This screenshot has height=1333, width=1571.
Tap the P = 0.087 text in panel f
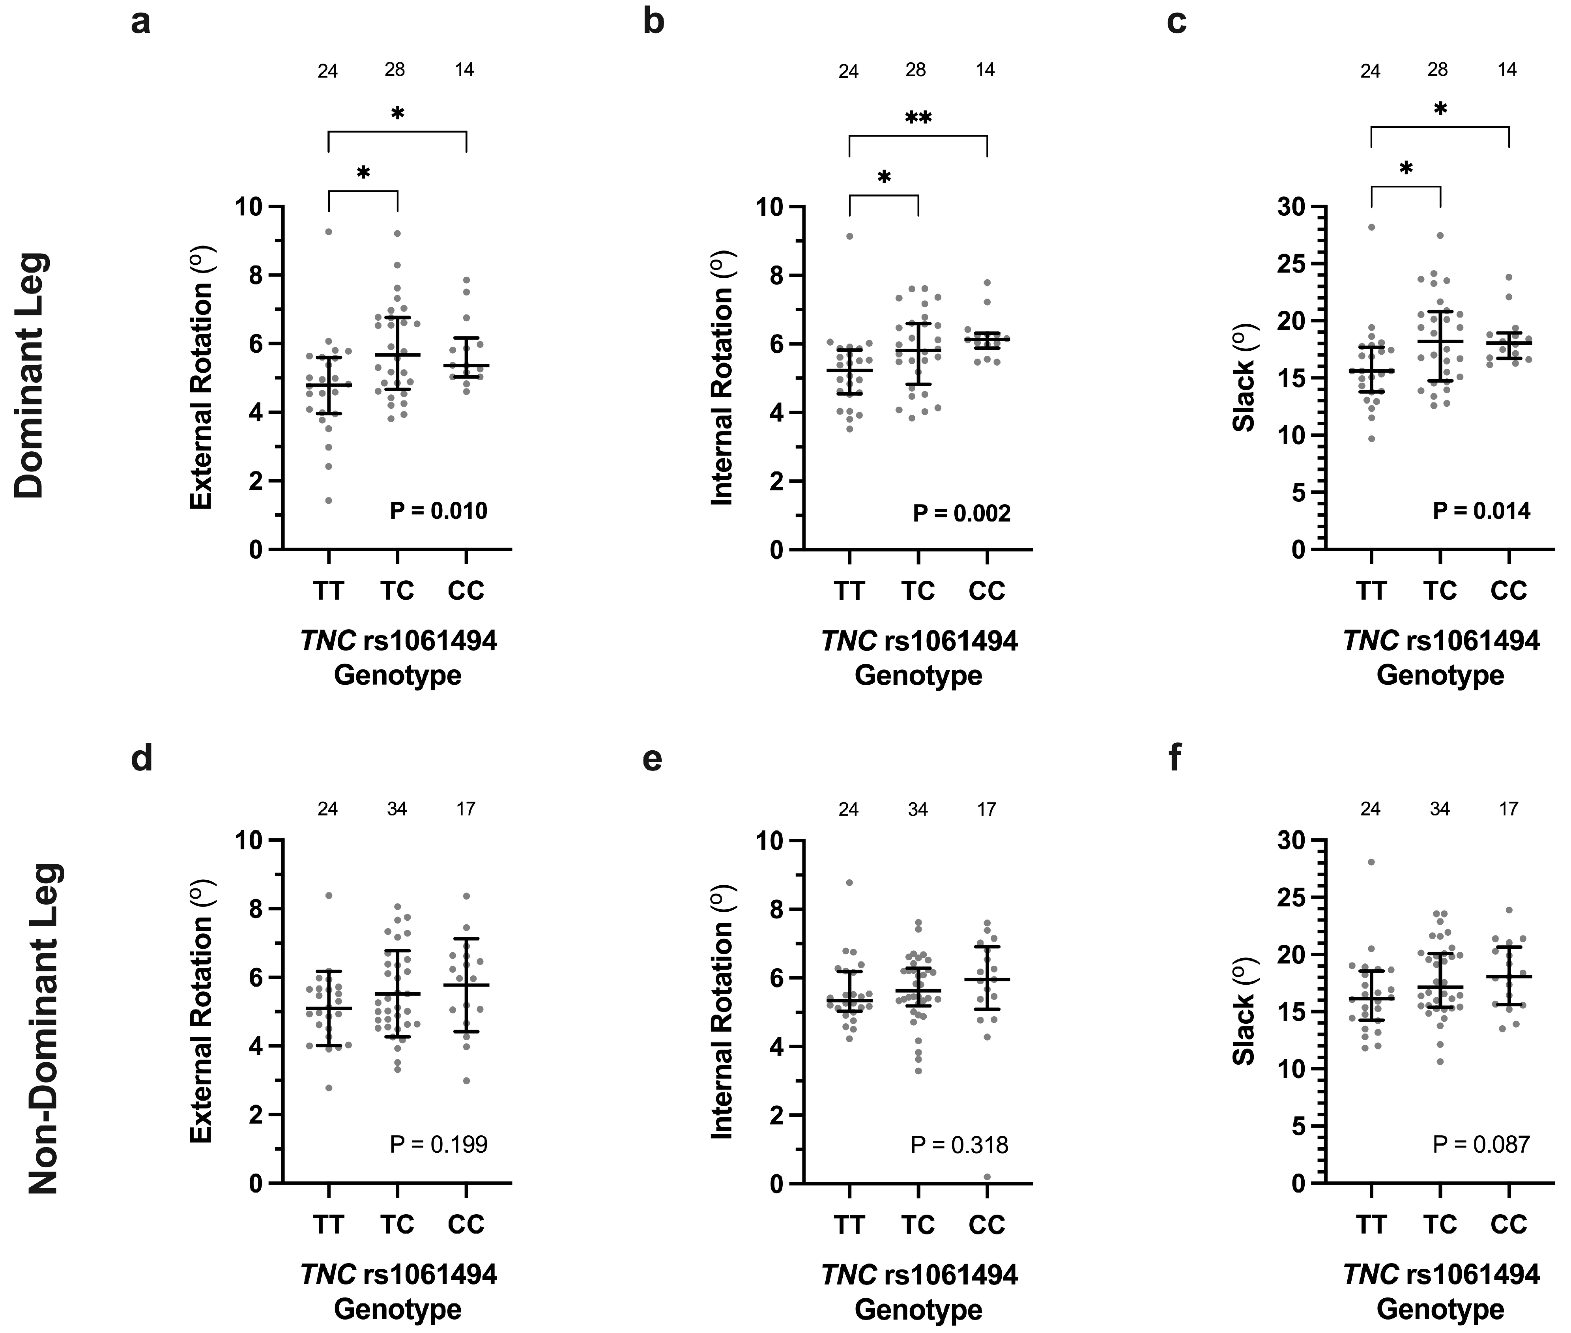pyautogui.click(x=1481, y=1145)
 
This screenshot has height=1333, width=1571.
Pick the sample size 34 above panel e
pyautogui.click(x=917, y=810)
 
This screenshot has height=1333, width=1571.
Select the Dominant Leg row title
pyautogui.click(x=32, y=376)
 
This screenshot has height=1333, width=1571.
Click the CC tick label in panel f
pyautogui.click(x=1508, y=1224)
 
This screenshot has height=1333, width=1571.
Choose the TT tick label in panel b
pyautogui.click(x=849, y=591)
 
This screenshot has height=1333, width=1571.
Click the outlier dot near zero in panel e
pyautogui.click(x=987, y=1176)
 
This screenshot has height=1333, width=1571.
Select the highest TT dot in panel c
pyautogui.click(x=1371, y=227)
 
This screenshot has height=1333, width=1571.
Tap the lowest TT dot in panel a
pyautogui.click(x=329, y=500)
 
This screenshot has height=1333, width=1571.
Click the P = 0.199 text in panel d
pyautogui.click(x=438, y=1145)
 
